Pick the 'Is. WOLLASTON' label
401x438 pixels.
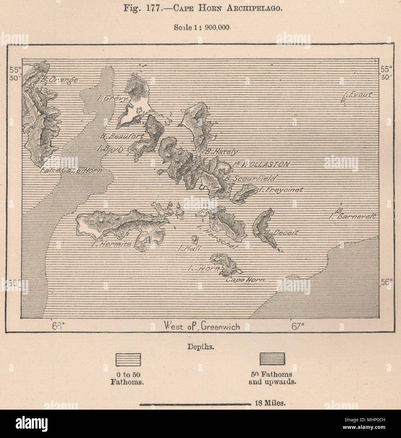click(x=261, y=164)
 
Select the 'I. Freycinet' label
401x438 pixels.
click(x=280, y=190)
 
